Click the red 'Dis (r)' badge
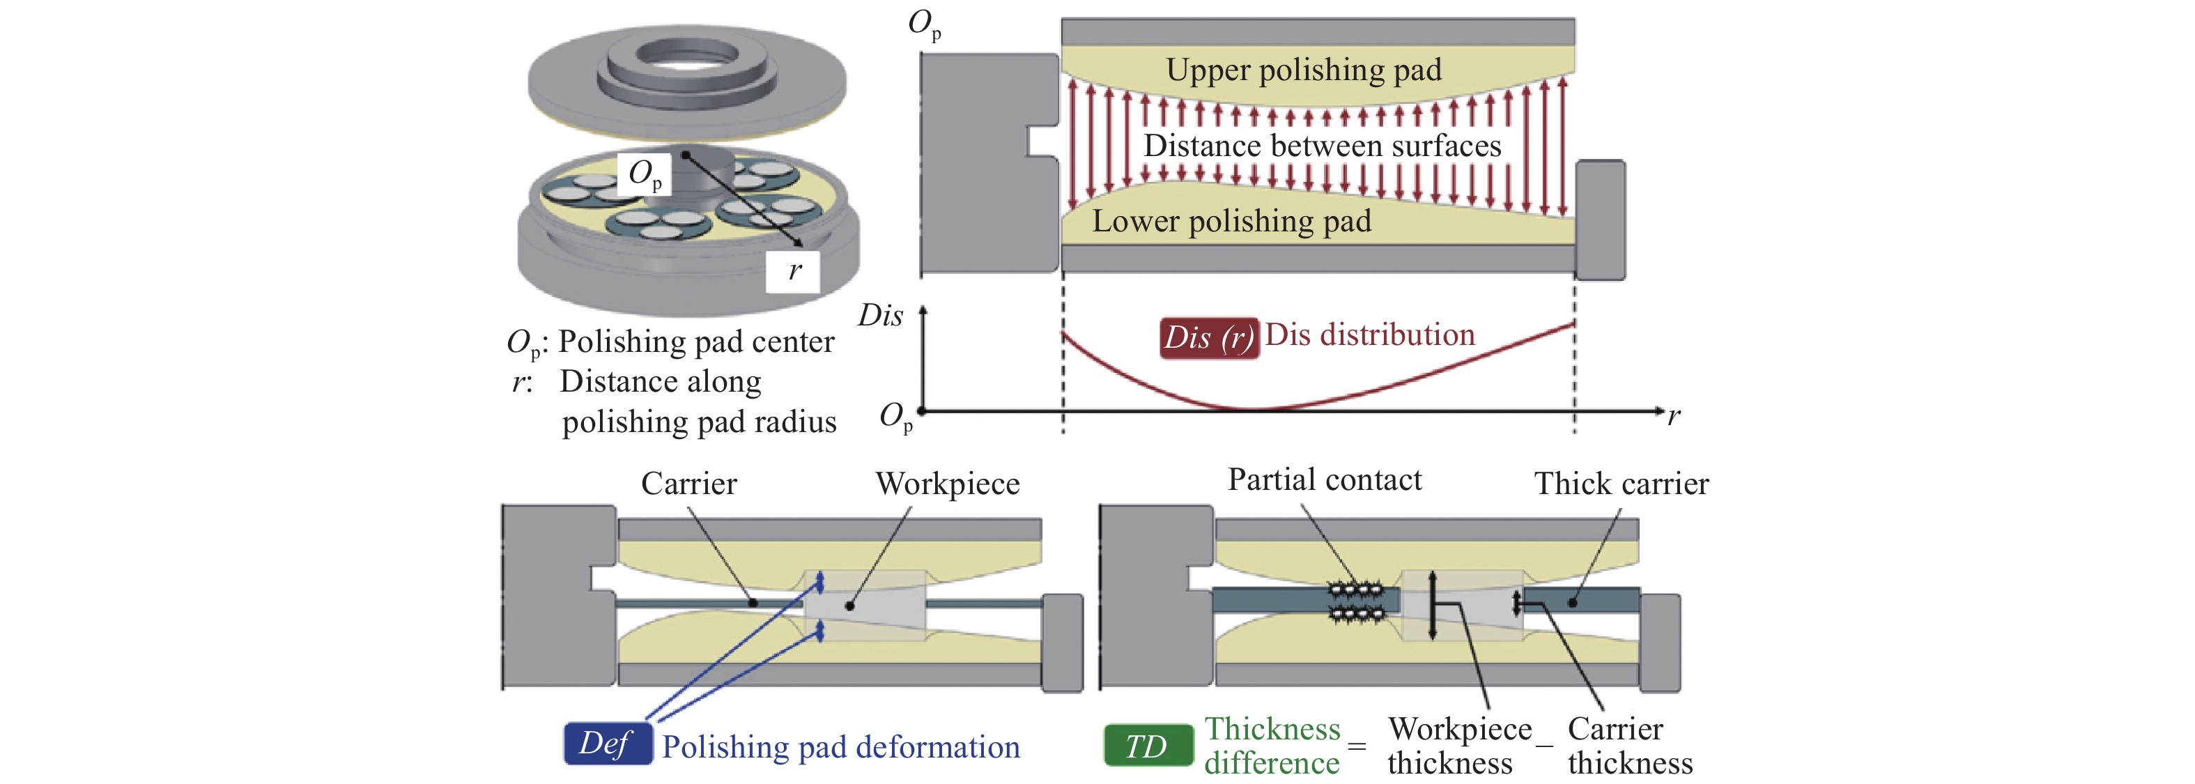pyautogui.click(x=1208, y=337)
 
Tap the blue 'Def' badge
pyautogui.click(x=607, y=744)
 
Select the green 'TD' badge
pyautogui.click(x=1147, y=746)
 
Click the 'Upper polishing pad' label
pyautogui.click(x=1304, y=70)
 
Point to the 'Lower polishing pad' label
pyautogui.click(x=1231, y=222)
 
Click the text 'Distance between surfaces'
pyautogui.click(x=1322, y=146)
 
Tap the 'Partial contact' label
pyautogui.click(x=1324, y=479)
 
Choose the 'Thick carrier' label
pyautogui.click(x=1621, y=483)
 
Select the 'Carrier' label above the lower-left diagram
pyautogui.click(x=688, y=483)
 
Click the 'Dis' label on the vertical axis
pyautogui.click(x=880, y=315)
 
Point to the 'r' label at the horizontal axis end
pyautogui.click(x=1674, y=416)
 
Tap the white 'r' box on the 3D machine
pyautogui.click(x=793, y=271)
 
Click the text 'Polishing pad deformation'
pyautogui.click(x=840, y=747)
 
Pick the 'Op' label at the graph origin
pyautogui.click(x=896, y=417)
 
